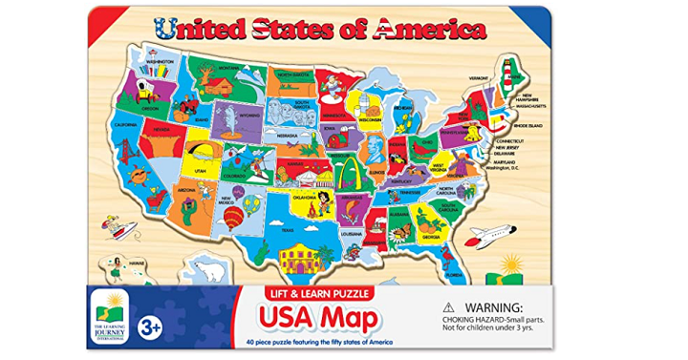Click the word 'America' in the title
click(x=428, y=29)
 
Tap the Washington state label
click(x=159, y=61)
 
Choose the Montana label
click(x=226, y=67)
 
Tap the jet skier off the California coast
click(x=114, y=227)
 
